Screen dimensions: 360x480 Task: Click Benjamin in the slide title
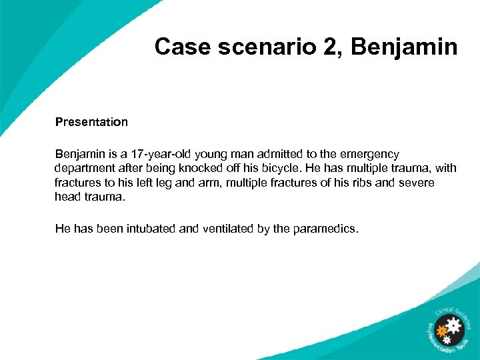pos(404,47)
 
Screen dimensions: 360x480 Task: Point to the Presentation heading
pos(91,122)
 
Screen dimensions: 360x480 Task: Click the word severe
pos(417,183)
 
